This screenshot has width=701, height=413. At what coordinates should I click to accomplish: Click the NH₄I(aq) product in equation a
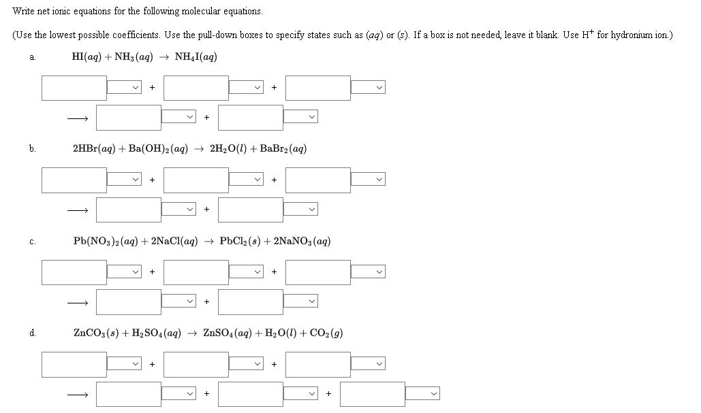click(x=196, y=57)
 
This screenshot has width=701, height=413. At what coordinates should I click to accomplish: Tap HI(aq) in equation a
click(x=86, y=57)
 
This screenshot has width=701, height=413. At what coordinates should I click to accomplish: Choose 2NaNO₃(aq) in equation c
click(x=302, y=241)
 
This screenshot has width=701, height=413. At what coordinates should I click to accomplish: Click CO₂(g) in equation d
click(x=326, y=333)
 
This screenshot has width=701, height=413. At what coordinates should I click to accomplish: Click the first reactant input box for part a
click(x=74, y=88)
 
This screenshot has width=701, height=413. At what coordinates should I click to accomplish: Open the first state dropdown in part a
click(x=125, y=88)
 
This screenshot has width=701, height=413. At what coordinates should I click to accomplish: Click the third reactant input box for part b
click(x=317, y=180)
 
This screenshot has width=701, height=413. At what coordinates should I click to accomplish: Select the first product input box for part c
click(x=128, y=302)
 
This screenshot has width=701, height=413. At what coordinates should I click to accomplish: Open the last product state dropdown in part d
click(x=423, y=395)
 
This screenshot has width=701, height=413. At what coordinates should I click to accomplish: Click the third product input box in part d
click(x=372, y=395)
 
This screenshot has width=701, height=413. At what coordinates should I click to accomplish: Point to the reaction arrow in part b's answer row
click(x=77, y=210)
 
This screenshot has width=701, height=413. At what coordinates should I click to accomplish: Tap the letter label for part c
click(x=32, y=242)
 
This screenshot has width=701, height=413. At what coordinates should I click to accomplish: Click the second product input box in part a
click(x=250, y=118)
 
